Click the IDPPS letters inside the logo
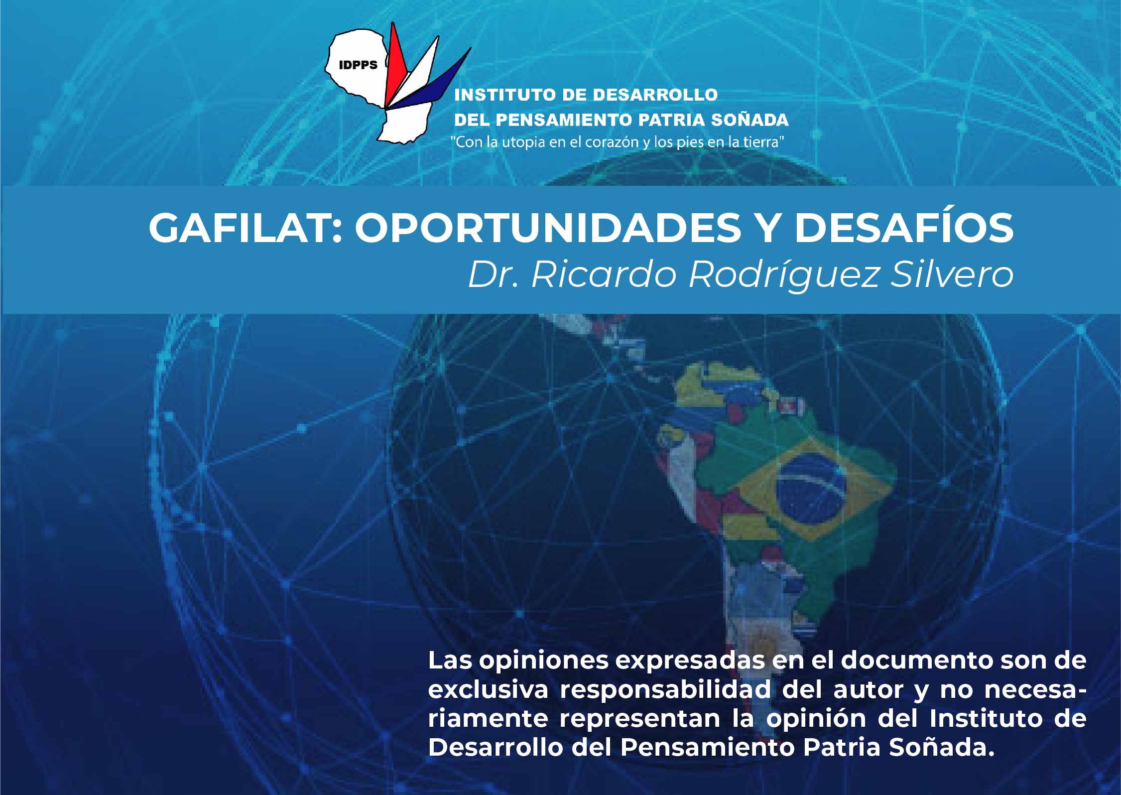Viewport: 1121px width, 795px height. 358,65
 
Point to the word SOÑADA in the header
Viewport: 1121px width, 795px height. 749,120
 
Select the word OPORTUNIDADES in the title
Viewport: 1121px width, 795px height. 548,228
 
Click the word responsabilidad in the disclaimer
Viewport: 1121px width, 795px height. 665,690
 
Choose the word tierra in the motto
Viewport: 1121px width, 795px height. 764,142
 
